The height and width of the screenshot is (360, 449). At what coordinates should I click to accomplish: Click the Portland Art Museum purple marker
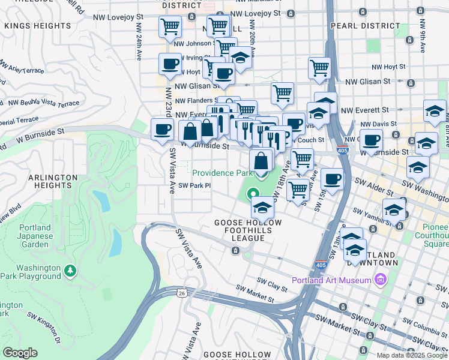tap(379, 280)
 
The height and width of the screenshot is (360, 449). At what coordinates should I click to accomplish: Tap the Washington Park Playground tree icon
tap(71, 271)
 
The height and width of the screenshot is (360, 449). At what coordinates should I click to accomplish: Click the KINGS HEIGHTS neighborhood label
tap(37, 26)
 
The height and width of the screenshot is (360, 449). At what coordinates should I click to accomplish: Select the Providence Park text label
tap(222, 173)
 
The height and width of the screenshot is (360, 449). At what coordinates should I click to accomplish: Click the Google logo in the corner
tap(20, 353)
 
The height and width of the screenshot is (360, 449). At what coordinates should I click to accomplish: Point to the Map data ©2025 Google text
tap(411, 355)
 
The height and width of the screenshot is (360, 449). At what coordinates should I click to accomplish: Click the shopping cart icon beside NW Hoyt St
tap(319, 68)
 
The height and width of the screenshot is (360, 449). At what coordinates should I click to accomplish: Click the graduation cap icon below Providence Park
tap(262, 208)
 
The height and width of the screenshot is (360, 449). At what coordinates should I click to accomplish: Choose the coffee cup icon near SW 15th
tap(331, 179)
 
